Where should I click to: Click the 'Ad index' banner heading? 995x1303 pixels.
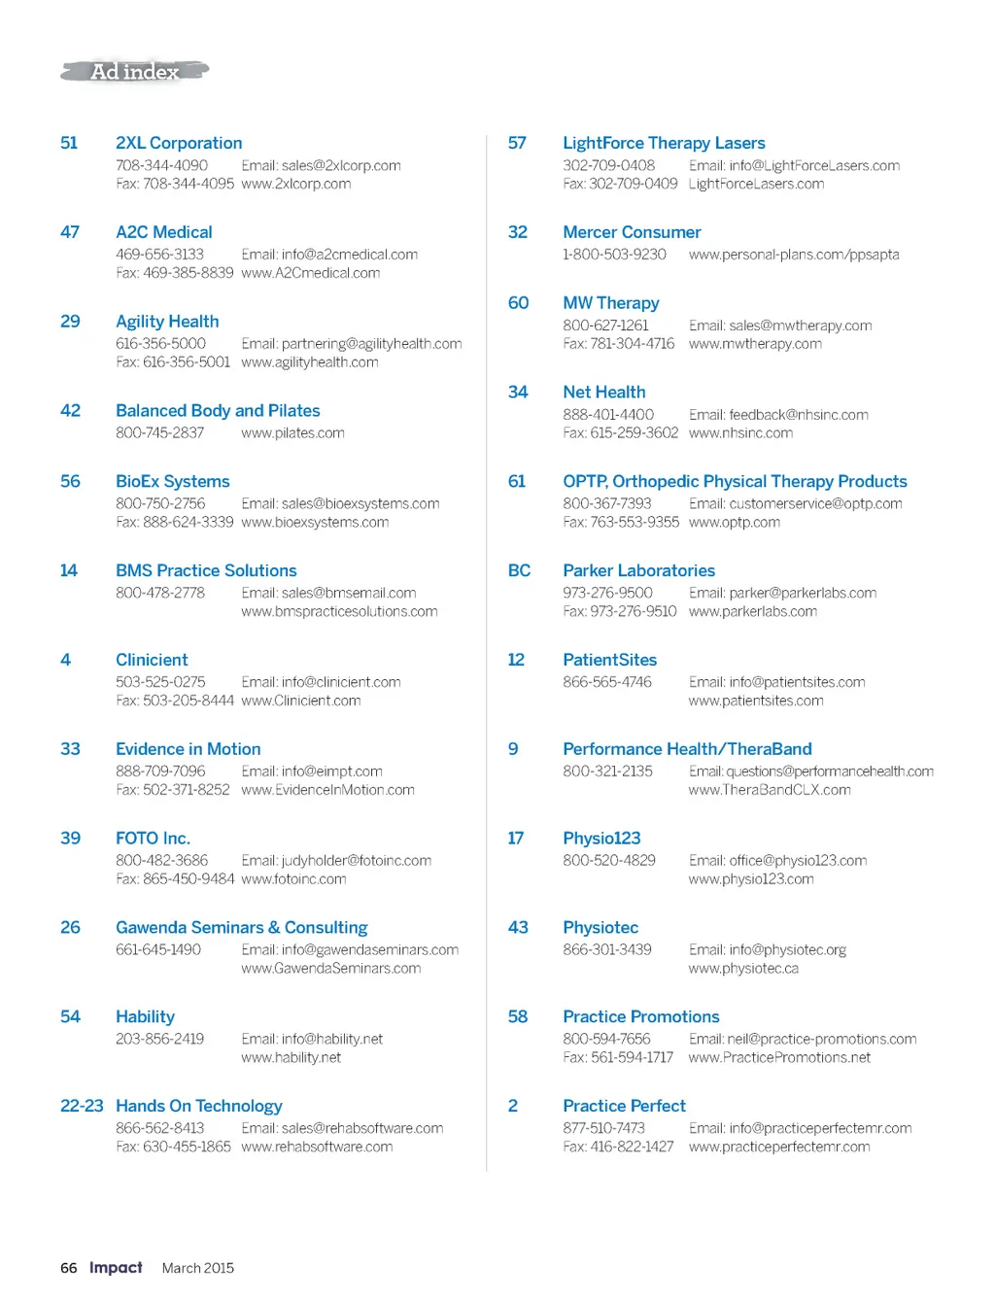coord(135,71)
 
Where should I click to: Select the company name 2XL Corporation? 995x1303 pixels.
coord(179,143)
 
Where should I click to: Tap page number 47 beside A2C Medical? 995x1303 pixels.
coord(70,232)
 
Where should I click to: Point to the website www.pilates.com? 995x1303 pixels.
coord(292,432)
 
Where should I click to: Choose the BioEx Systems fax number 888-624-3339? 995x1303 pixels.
coord(175,522)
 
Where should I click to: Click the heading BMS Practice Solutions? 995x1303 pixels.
coord(206,570)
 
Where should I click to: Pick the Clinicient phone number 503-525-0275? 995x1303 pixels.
coord(160,682)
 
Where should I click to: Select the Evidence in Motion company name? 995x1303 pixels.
coord(188,749)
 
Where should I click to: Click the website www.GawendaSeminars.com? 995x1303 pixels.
coord(330,968)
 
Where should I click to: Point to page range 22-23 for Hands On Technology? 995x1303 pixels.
coord(82,1106)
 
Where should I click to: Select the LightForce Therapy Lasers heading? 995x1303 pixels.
coord(664,143)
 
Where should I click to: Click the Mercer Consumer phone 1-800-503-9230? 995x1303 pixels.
coord(614,255)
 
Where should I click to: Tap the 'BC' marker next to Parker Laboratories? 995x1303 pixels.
coord(519,570)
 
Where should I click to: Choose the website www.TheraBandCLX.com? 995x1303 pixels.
coord(770,790)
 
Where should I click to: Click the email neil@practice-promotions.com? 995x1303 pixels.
coord(821,1039)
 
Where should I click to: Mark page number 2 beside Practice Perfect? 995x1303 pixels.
coord(513,1106)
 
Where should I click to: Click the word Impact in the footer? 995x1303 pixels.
coord(116,1267)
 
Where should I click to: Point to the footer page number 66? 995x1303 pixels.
coord(69,1268)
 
